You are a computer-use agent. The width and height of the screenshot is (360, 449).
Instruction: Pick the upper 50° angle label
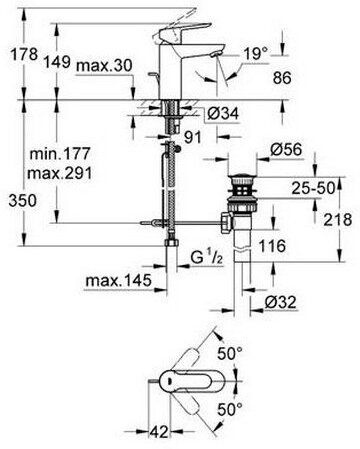pyautogui.click(x=262, y=353)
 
